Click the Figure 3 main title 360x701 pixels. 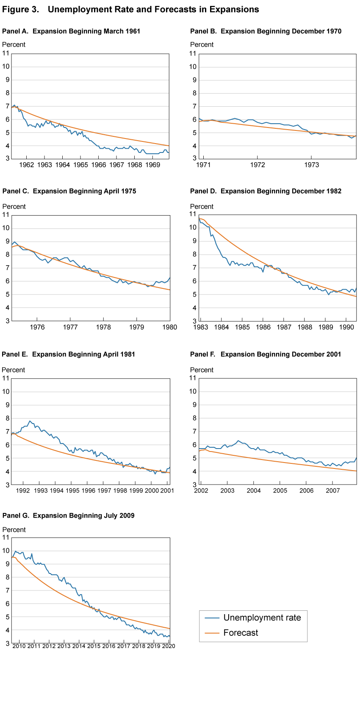(130, 9)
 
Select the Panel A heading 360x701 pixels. (71, 31)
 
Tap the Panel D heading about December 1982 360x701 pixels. (266, 191)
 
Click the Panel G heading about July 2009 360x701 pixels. (68, 515)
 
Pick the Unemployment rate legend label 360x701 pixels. (262, 618)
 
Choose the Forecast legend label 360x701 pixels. (241, 633)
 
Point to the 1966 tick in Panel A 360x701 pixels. (99, 165)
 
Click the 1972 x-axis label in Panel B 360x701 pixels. (258, 165)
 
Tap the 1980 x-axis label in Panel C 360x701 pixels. (170, 327)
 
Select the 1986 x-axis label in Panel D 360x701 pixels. (263, 327)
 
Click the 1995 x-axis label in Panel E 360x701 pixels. (72, 490)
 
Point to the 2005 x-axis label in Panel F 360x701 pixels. (280, 490)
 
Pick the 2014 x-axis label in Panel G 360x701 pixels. (79, 646)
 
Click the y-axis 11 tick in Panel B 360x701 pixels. (193, 53)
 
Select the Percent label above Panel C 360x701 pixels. (14, 207)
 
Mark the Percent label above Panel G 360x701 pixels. (14, 530)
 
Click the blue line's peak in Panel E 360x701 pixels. (30, 421)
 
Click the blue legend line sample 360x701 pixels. (212, 618)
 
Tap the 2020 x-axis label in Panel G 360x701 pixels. (169, 646)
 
